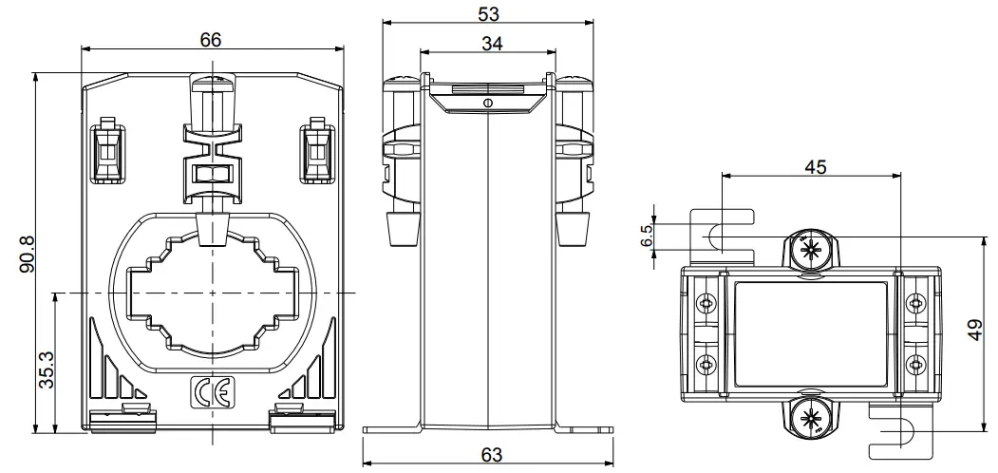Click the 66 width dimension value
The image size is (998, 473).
tap(211, 39)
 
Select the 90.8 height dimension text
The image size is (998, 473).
tap(27, 253)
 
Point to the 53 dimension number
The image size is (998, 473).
tap(488, 14)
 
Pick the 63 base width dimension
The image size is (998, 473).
tap(491, 456)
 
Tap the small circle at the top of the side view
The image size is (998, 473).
tap(486, 103)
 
